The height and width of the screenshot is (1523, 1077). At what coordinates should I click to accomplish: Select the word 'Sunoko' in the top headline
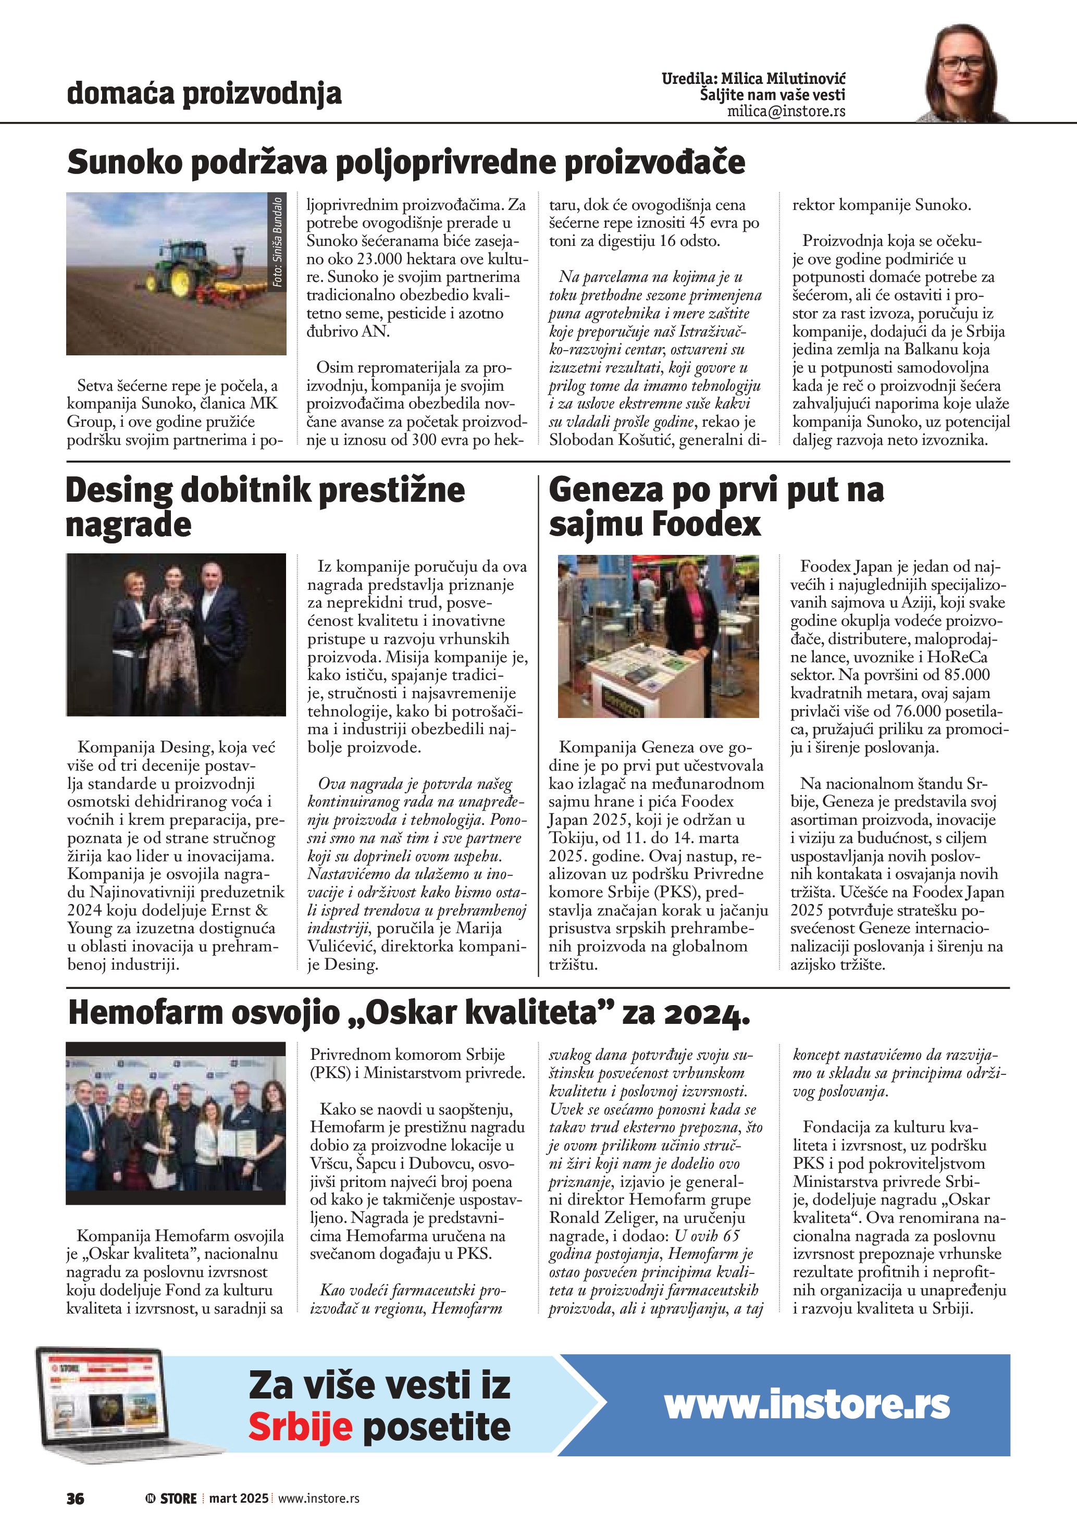pos(124,163)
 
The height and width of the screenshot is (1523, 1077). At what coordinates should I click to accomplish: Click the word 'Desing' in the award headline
pos(119,491)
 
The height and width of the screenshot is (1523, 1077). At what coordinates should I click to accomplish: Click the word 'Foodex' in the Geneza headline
pos(707,525)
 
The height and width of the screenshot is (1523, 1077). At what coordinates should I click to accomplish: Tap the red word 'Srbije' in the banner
pos(300,1428)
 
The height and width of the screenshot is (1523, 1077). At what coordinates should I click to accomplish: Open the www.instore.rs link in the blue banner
pos(807,1404)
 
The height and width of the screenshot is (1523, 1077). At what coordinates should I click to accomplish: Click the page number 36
pos(75,1498)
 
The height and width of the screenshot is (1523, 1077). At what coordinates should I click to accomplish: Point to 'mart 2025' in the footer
pos(239,1498)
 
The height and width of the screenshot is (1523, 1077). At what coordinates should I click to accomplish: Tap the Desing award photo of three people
pos(176,635)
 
